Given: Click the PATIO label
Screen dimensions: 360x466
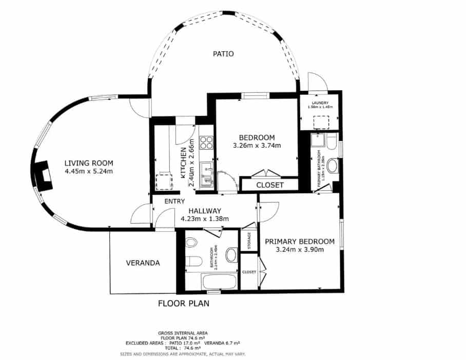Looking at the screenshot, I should coord(223,53).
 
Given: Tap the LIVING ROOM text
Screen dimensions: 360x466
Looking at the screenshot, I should coord(88,163).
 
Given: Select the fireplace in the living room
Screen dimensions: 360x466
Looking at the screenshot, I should coord(43,175).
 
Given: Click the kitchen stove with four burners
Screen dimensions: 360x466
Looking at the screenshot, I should coord(206,142).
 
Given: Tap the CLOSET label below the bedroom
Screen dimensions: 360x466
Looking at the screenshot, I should coord(269,185).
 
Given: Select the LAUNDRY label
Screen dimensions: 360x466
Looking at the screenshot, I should coord(321,103).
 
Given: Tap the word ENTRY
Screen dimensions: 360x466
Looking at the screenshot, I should coord(174,201).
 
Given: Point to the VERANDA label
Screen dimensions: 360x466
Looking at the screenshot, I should coord(143,263).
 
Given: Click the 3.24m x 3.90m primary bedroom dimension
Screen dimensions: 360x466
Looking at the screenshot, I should coord(300,250).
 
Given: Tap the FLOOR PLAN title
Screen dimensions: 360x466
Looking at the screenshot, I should coord(183,303).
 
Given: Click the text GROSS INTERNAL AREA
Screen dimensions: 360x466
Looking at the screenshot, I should coord(183,333).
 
